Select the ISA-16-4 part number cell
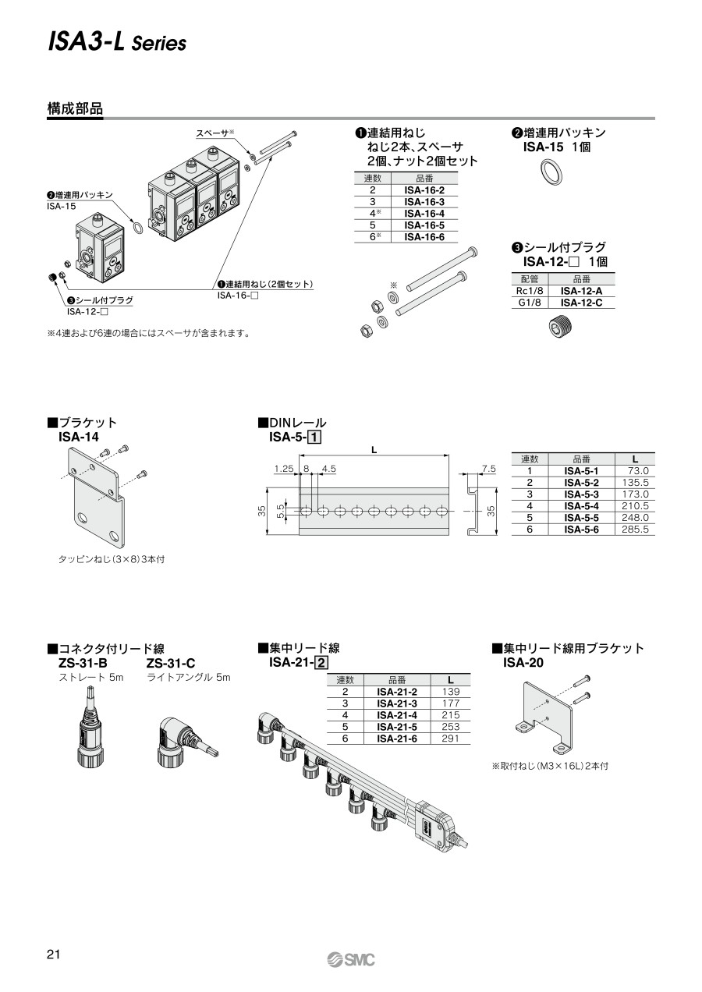tap(424, 212)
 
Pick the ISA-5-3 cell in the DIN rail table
tap(581, 494)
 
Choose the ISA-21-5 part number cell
tap(397, 726)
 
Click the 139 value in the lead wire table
tap(451, 692)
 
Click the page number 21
tap(54, 955)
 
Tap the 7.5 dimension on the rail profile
tap(489, 469)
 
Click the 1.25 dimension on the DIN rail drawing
tap(283, 469)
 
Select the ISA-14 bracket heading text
tap(78, 437)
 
